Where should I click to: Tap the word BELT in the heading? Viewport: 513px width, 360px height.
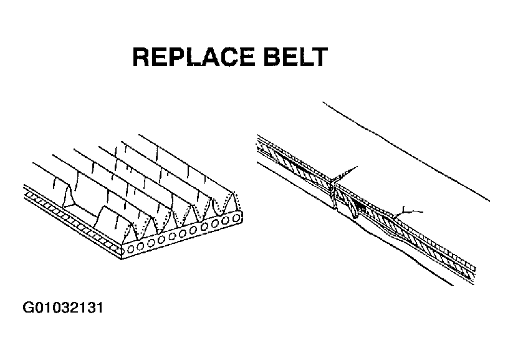coord(295,57)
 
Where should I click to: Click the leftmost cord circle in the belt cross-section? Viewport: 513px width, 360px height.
coord(130,248)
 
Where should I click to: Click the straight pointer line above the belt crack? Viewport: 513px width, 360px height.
coord(345,173)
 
